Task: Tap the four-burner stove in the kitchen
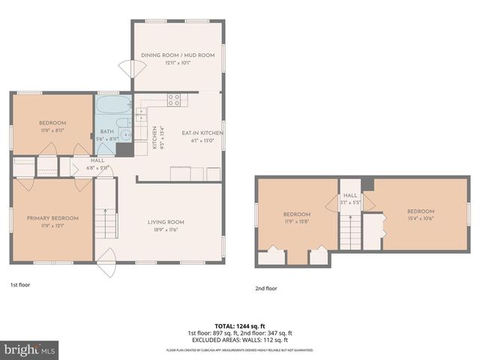point(173,98)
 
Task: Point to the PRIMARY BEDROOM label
point(52,217)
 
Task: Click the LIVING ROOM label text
point(165,222)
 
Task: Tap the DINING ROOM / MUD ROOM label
point(178,55)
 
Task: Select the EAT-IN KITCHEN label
point(202,133)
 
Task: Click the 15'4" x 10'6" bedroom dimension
point(421,218)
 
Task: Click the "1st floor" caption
point(20,285)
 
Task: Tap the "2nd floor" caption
point(265,288)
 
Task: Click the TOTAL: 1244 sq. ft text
point(239,325)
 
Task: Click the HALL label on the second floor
point(350,196)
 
